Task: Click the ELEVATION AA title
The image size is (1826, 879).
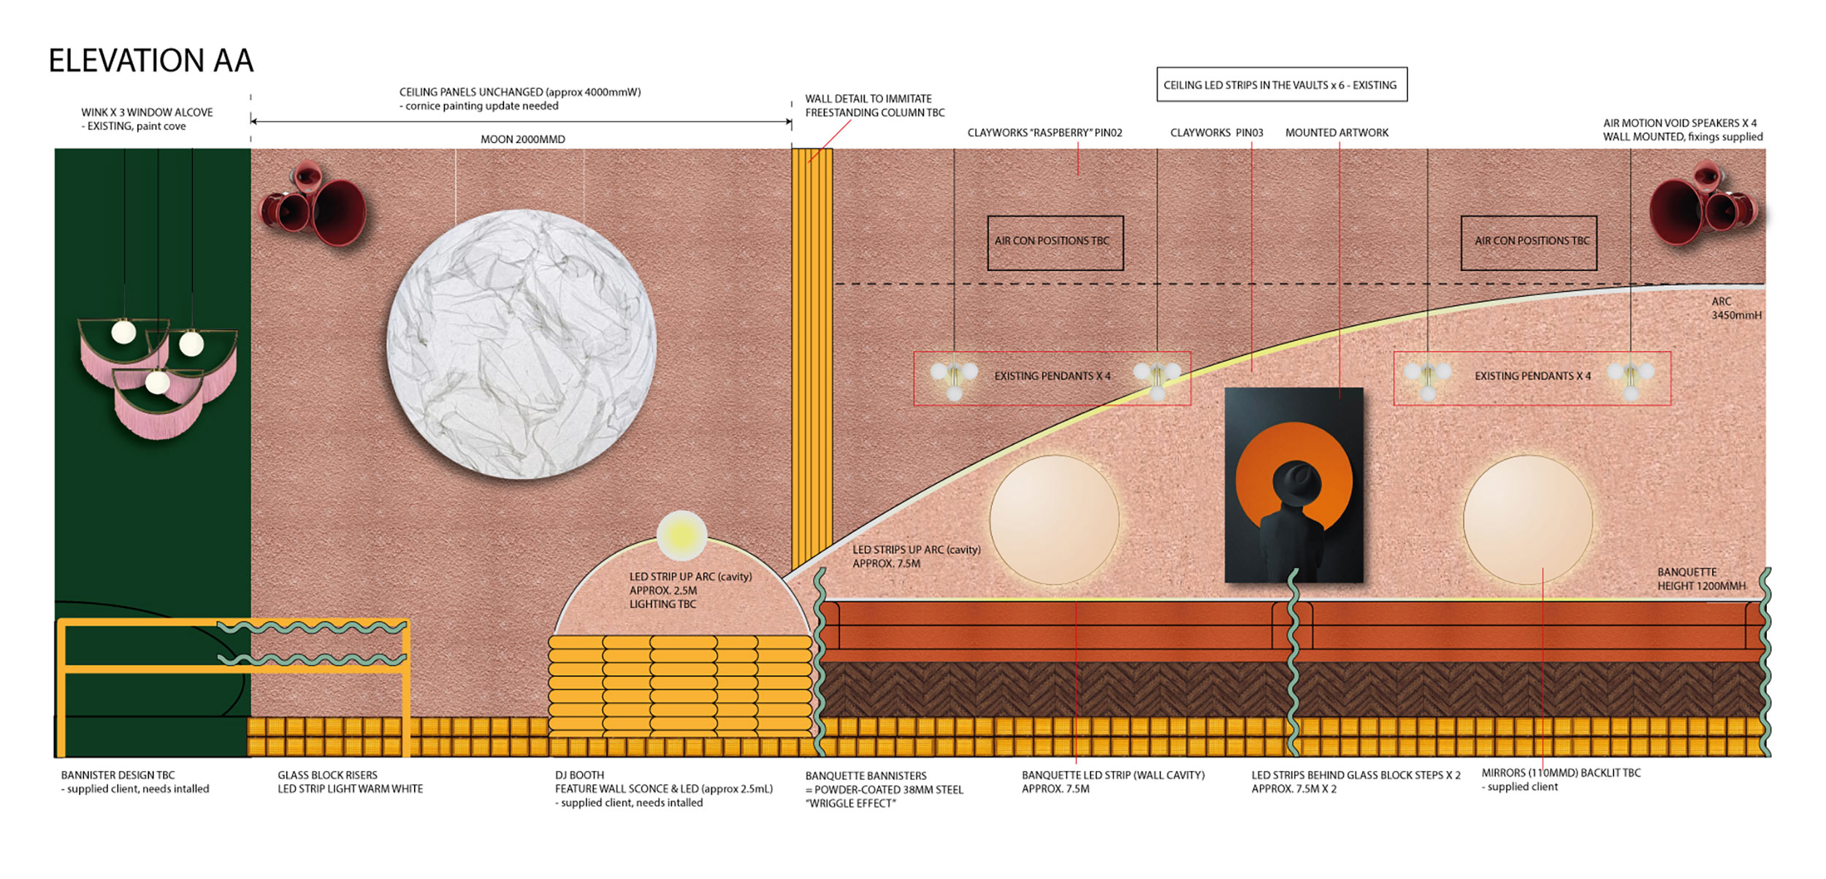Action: coord(151,61)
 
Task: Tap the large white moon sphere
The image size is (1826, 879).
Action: coord(521,345)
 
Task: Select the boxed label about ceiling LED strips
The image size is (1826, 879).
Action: coord(1281,85)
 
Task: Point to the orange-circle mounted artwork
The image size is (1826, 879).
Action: coord(1294,485)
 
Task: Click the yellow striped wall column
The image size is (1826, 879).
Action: coord(811,358)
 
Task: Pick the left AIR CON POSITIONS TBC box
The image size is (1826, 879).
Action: coord(1055,242)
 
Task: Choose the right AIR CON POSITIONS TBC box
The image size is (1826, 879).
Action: coord(1528,242)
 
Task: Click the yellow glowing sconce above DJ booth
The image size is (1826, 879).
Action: coord(681,535)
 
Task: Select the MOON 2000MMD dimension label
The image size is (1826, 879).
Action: coord(522,139)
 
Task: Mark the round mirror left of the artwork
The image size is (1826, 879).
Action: coord(1054,518)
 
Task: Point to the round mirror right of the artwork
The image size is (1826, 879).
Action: coord(1528,518)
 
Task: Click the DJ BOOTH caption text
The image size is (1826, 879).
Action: coord(579,775)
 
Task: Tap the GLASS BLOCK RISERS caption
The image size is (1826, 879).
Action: coord(327,775)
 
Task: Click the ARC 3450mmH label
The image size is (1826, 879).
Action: coord(1735,308)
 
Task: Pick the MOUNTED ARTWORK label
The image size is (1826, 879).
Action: coord(1337,133)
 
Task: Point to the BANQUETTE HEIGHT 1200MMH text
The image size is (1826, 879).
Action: coord(1700,579)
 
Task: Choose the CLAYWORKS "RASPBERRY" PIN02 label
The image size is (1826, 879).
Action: coord(1044,133)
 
